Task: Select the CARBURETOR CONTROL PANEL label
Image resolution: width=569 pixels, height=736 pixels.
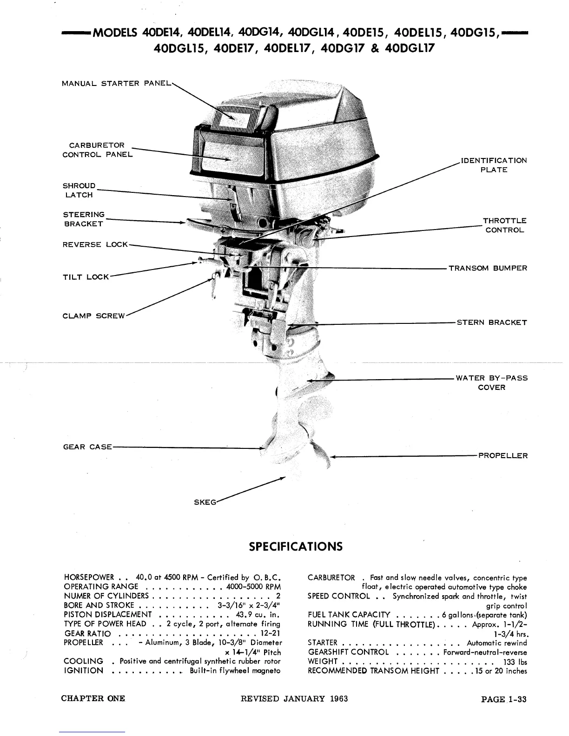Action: pos(97,150)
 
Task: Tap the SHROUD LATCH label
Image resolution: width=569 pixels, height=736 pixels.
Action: pos(79,191)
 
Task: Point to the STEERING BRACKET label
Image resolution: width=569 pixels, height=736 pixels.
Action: pos(84,219)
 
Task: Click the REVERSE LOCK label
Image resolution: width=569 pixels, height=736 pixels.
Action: pos(95,244)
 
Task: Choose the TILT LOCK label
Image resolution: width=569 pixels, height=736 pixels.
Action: pos(86,277)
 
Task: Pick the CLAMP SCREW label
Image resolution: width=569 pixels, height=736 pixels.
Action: pos(94,316)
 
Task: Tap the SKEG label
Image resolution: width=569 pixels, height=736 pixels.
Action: pos(205,502)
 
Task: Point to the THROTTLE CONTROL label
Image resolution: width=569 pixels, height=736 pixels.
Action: pos(504,225)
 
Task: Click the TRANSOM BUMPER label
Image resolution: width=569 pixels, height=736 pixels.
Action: pos(488,268)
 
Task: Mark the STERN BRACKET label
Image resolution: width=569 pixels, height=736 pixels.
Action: pos(492,322)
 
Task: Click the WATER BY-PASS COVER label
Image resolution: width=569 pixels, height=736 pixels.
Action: pos(491,382)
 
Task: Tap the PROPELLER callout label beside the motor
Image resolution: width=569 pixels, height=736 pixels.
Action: pos(503,456)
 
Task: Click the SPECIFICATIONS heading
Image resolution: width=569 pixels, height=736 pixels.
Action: pos(296,546)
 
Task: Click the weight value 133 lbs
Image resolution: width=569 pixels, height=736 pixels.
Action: pos(515,662)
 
